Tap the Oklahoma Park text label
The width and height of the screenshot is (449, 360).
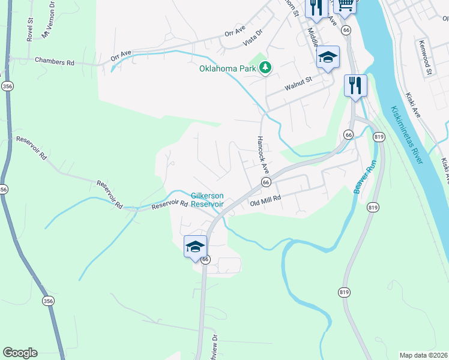click(x=228, y=68)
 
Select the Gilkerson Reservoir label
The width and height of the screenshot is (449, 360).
click(x=207, y=200)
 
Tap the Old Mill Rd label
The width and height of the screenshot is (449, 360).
click(x=265, y=203)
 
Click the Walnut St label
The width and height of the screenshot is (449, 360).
click(x=299, y=83)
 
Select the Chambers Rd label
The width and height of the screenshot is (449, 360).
click(x=54, y=61)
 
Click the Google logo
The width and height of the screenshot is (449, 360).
click(x=20, y=353)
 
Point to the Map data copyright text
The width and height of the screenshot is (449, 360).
click(x=423, y=355)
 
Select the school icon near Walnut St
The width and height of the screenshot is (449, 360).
click(x=328, y=58)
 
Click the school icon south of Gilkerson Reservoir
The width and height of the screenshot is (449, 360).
click(x=195, y=247)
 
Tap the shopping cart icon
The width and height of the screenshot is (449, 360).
click(x=345, y=5)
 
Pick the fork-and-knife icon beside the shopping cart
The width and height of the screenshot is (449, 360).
click(x=316, y=8)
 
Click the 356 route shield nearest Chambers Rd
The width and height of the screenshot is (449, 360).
click(x=7, y=86)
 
